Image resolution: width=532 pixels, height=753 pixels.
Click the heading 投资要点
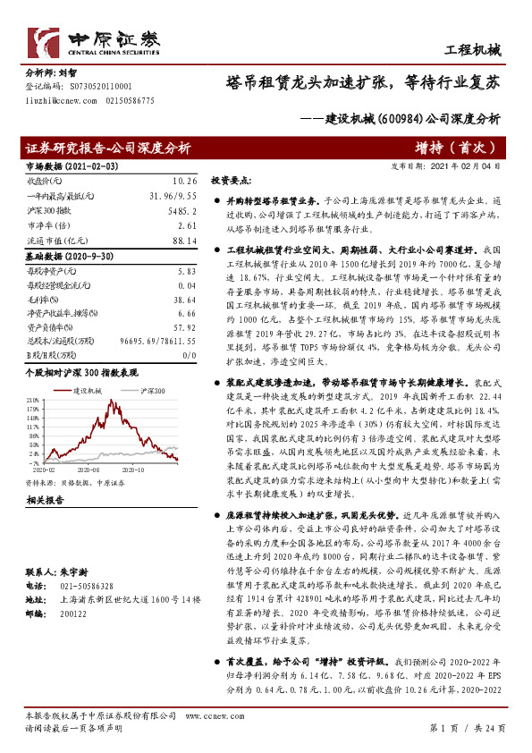[231, 180]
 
